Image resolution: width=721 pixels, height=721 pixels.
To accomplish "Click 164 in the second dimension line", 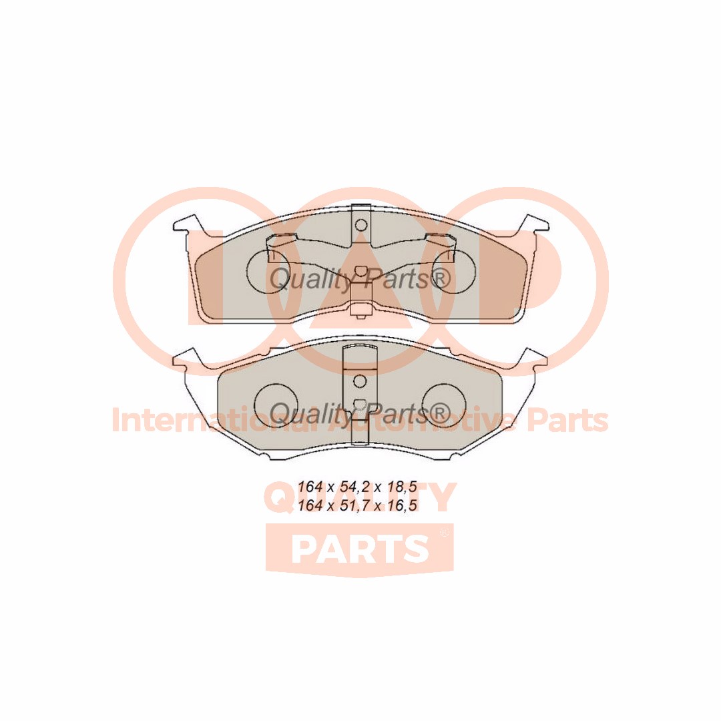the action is click(x=310, y=506).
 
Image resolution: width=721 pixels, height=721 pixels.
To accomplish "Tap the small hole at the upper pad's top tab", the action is click(x=360, y=224).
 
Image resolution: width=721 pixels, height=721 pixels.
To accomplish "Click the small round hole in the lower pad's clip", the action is click(x=360, y=381).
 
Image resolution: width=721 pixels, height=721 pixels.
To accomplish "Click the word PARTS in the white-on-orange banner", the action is click(x=360, y=549).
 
